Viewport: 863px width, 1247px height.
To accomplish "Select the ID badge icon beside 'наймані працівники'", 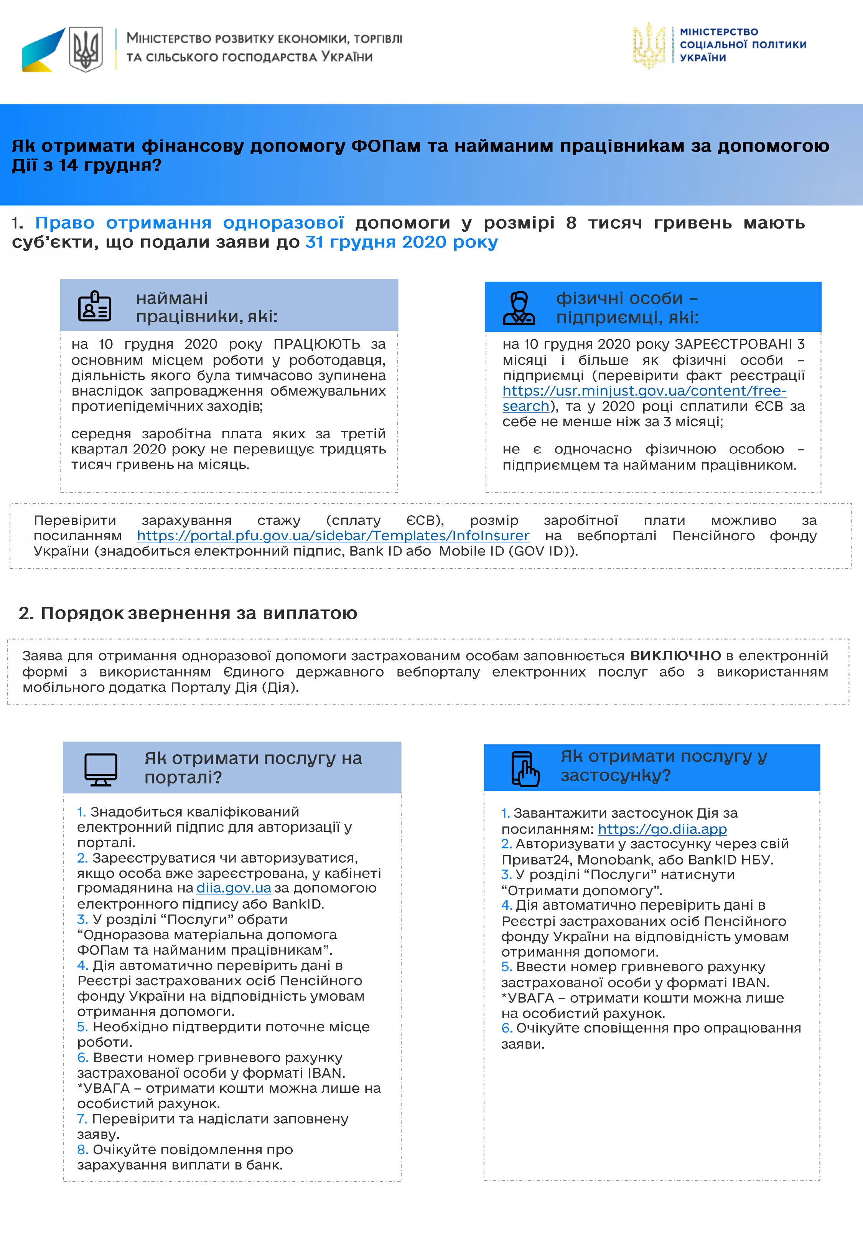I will coord(95,306).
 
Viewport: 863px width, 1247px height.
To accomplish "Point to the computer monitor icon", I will coord(100,769).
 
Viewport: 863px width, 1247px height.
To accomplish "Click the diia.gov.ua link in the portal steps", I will coord(234,888).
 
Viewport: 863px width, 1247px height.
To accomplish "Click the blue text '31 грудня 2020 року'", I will coord(401,242).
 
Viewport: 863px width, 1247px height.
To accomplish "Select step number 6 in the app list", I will coord(506,1028).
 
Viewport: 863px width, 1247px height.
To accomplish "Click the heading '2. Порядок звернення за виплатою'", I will coord(188,613).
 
